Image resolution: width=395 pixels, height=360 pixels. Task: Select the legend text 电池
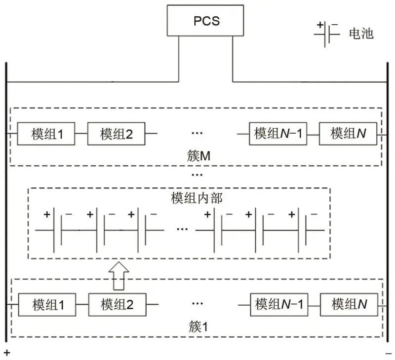(361, 34)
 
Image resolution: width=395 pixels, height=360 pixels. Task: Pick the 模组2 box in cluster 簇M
(117, 134)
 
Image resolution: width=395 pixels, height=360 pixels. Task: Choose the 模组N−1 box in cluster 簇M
(277, 134)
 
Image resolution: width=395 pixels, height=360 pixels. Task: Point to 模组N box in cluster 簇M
(349, 134)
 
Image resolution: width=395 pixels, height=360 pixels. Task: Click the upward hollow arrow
(118, 276)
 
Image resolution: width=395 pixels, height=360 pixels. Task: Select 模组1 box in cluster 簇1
(48, 304)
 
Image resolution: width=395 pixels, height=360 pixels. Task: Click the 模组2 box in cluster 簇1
(117, 304)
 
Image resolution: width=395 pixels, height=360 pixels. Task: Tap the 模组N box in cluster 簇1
(349, 304)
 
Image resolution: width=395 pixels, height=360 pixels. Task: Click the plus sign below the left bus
(7, 353)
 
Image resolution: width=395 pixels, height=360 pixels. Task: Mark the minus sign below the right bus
(389, 353)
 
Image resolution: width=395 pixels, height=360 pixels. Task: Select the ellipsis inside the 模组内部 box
(182, 229)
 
